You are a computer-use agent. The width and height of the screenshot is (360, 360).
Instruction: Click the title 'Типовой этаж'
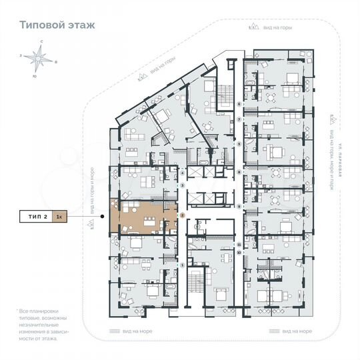pyautogui.click(x=57, y=25)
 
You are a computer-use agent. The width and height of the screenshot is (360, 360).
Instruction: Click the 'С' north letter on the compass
pyautogui.click(x=41, y=42)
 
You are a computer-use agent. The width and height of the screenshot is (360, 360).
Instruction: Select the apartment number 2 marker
pyautogui.click(x=182, y=216)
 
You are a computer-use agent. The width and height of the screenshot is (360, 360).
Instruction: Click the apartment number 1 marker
pyautogui.click(x=182, y=265)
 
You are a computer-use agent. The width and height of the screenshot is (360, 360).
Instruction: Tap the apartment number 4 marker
pyautogui.click(x=182, y=173)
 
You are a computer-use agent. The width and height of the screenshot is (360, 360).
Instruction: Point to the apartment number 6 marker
pyautogui.click(x=239, y=105)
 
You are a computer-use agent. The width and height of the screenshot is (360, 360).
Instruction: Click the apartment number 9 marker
pyautogui.click(x=239, y=206)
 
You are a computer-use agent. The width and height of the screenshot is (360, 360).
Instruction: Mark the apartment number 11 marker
pyautogui.click(x=239, y=245)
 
